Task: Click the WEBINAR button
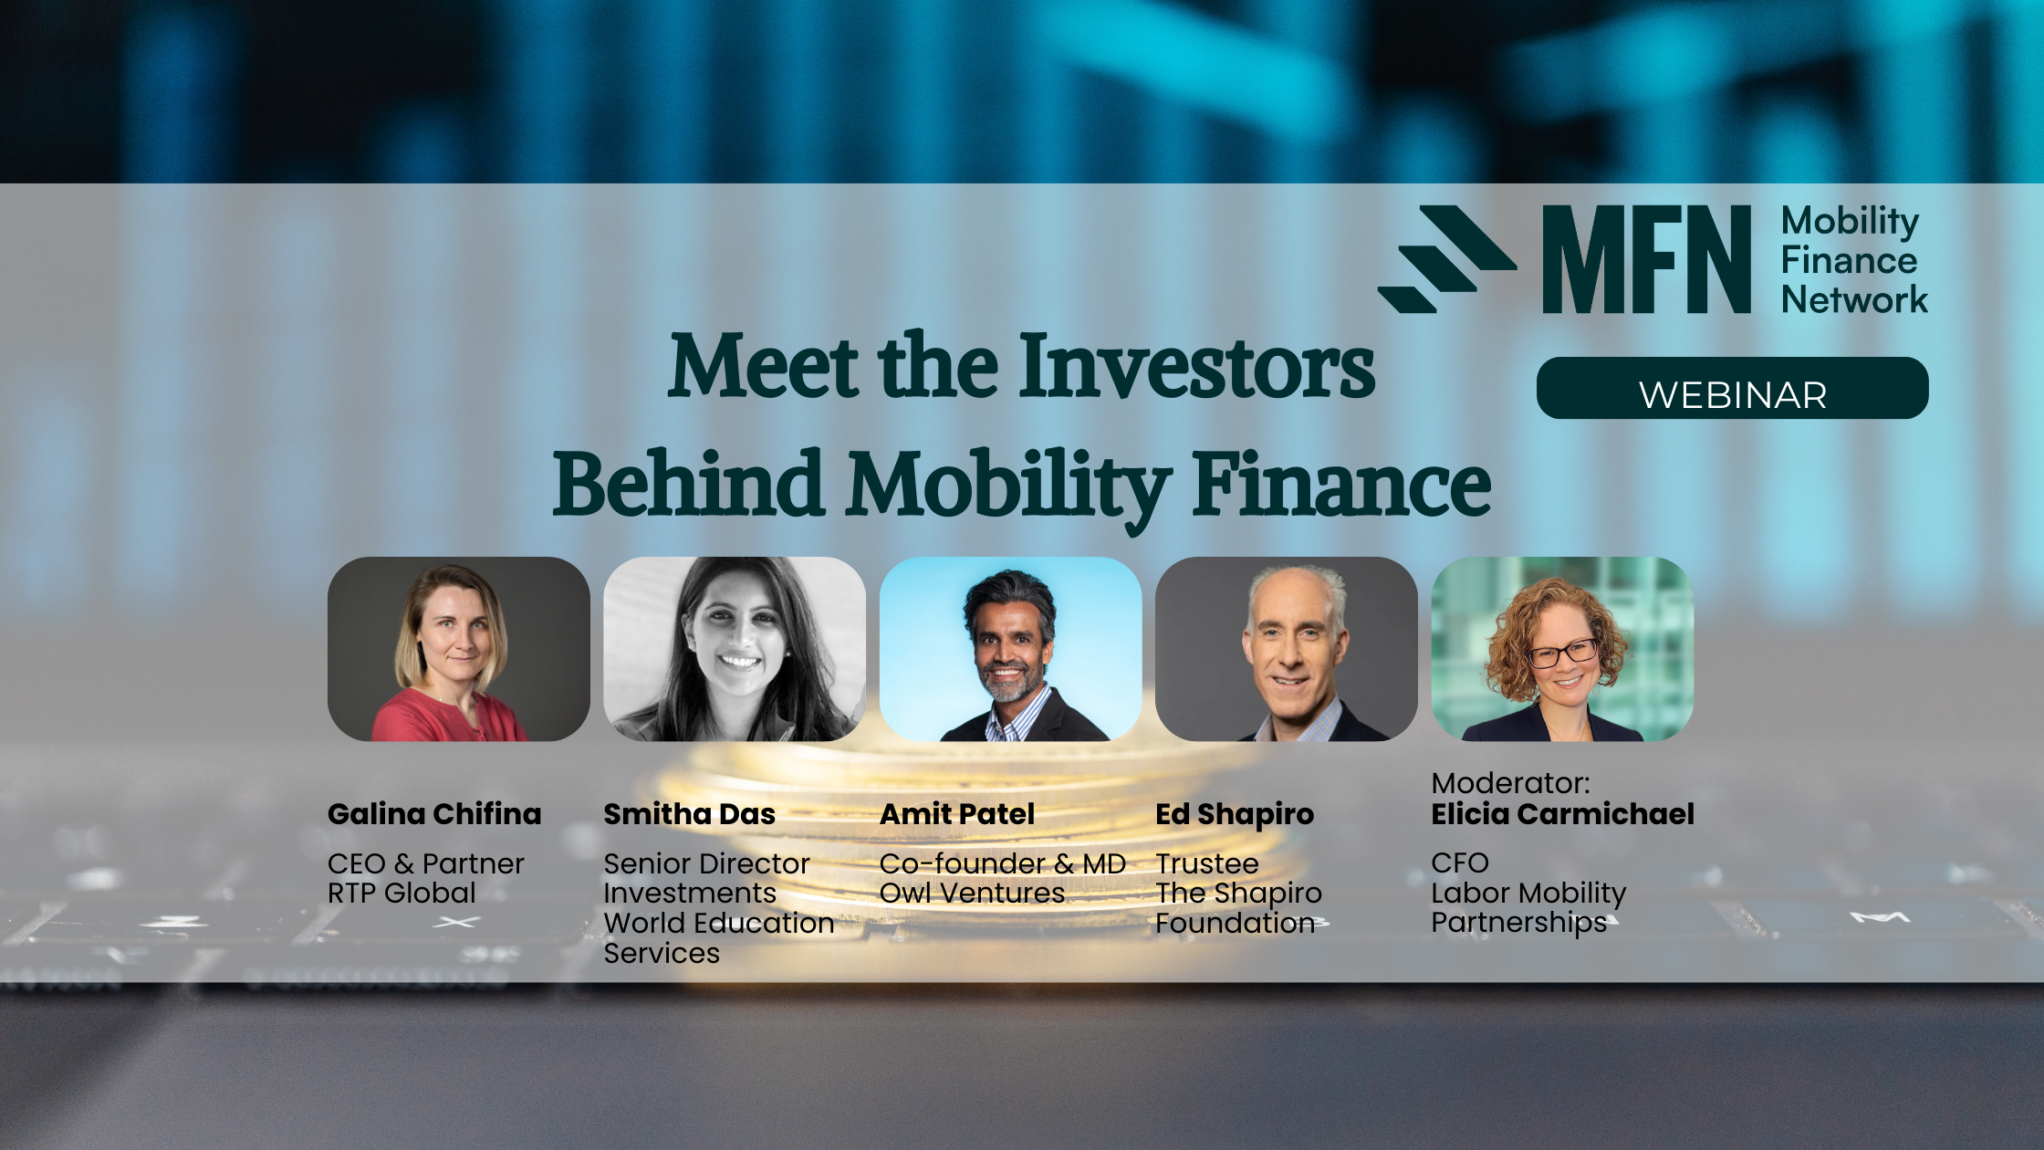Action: [x=1732, y=388]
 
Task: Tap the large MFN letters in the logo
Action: [x=1646, y=259]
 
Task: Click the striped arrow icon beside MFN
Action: [x=1446, y=259]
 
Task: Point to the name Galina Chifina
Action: [x=434, y=814]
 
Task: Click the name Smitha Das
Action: [x=689, y=814]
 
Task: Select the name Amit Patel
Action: [x=957, y=814]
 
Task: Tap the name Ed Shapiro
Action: [x=1235, y=815]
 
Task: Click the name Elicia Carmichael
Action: [x=1562, y=814]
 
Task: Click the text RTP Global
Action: [x=401, y=893]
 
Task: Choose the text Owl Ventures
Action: [x=972, y=893]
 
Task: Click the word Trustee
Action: [x=1207, y=863]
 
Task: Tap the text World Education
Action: [x=719, y=923]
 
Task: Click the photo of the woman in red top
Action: [x=459, y=649]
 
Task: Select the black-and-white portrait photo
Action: [x=735, y=649]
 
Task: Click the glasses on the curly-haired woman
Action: [x=1563, y=653]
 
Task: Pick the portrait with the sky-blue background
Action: [x=1010, y=649]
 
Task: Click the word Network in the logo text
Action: [x=1854, y=299]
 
